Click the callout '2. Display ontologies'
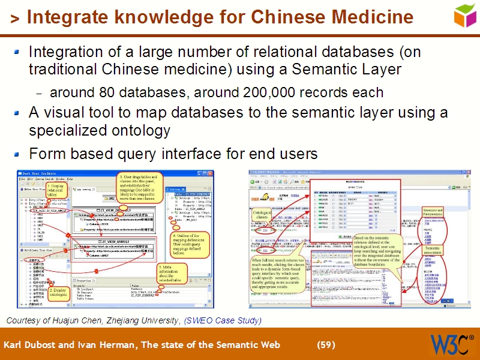(58, 292)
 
